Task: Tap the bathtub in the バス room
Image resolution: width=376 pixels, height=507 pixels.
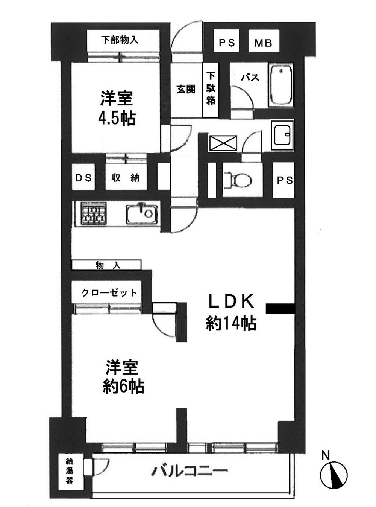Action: tap(281, 85)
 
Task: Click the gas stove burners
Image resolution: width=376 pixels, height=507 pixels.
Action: tap(92, 214)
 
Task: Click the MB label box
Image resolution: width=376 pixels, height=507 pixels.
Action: tap(263, 43)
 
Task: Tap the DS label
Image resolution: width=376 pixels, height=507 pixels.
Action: tap(83, 177)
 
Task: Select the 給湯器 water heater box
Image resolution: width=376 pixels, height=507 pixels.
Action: tap(70, 470)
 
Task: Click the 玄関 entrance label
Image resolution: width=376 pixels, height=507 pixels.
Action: tap(186, 90)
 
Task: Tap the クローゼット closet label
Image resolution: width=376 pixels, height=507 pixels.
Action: tap(109, 293)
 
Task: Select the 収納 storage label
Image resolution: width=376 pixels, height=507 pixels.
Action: tap(125, 177)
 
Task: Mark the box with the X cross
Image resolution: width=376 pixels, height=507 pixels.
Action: tap(223, 143)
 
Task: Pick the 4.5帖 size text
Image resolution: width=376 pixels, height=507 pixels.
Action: tap(117, 119)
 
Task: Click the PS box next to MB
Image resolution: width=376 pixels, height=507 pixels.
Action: tap(227, 43)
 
